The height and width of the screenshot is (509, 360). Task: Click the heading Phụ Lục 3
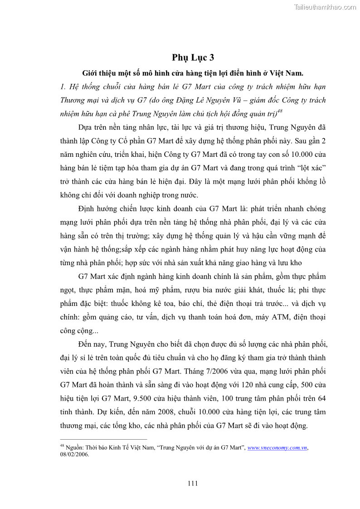tap(193, 58)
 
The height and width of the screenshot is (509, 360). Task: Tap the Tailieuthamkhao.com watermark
tap(325, 7)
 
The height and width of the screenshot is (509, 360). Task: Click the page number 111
tap(193, 483)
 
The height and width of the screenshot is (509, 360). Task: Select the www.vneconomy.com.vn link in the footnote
tap(277, 448)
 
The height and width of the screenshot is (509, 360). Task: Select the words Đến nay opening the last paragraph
tap(92, 344)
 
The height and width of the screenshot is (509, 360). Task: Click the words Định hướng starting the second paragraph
tap(98, 209)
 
